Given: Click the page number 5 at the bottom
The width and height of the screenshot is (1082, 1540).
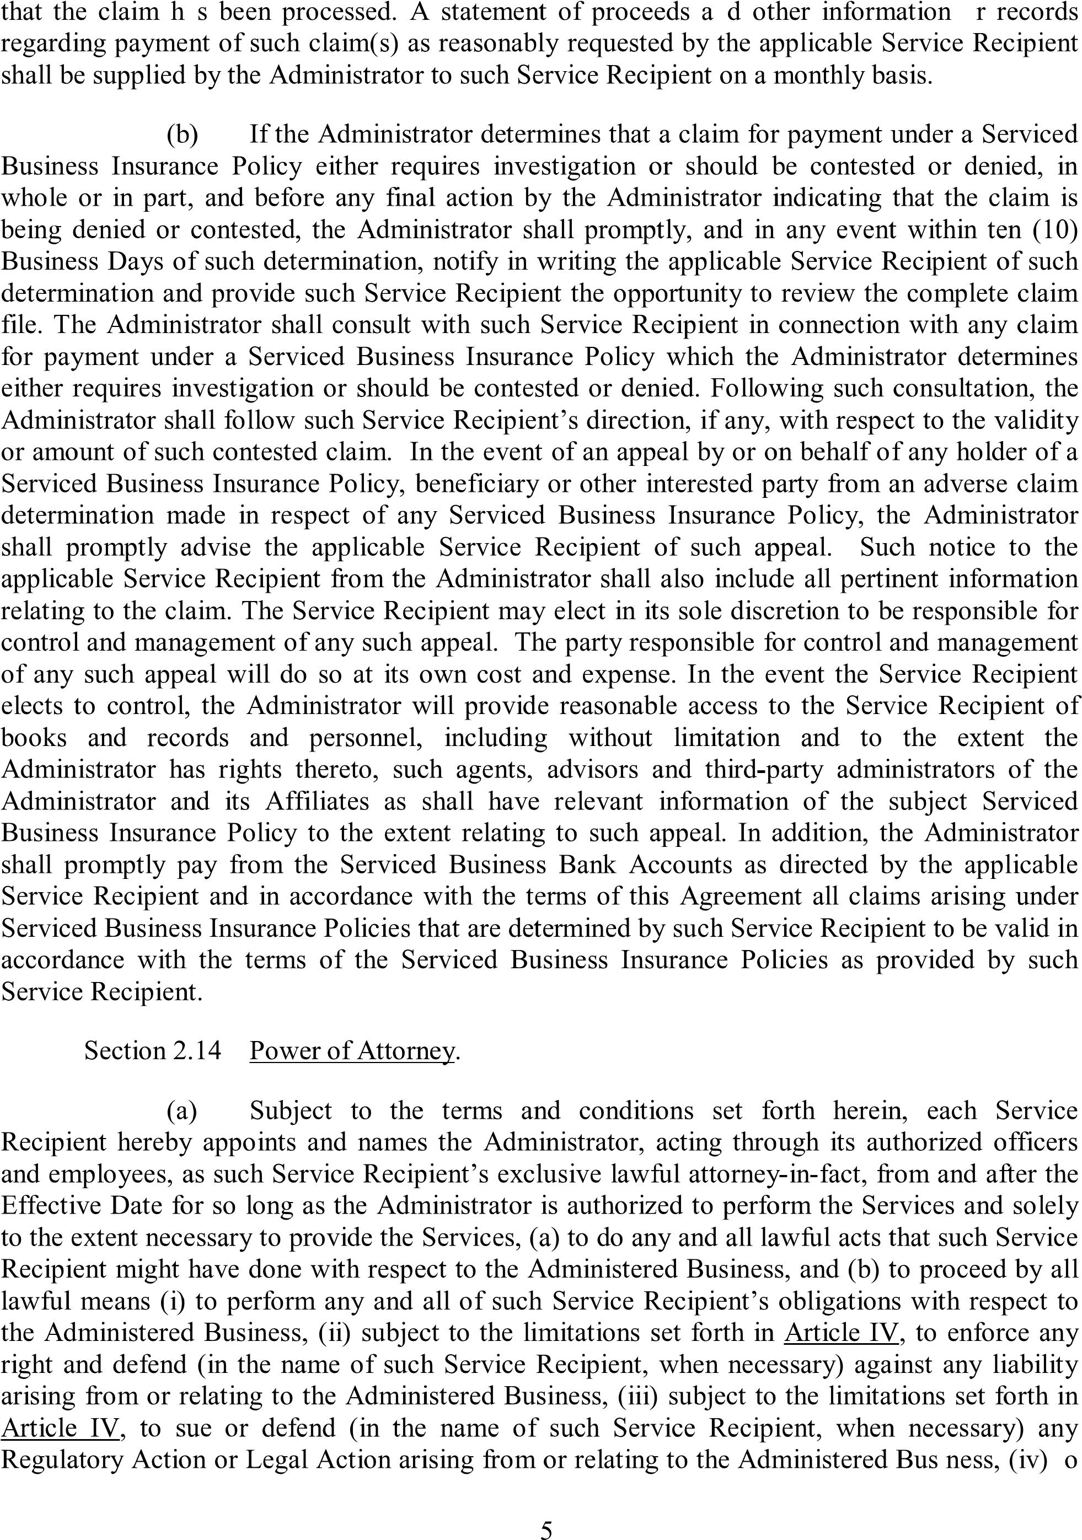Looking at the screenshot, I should coord(547,1530).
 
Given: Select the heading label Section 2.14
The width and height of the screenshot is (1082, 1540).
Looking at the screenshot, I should coord(152,1050).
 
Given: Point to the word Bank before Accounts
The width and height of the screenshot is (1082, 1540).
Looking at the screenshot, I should coord(588,865).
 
